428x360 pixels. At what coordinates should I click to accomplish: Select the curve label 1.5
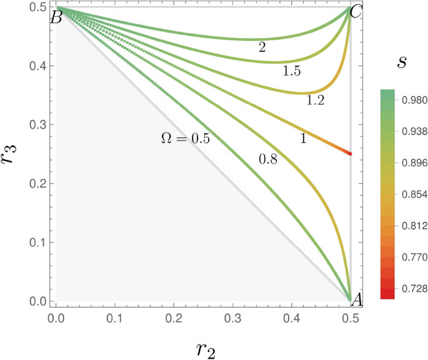pyautogui.click(x=292, y=71)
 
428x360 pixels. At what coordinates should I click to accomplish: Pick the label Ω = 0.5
pyautogui.click(x=183, y=139)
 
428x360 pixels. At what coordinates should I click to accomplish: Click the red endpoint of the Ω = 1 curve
pyautogui.click(x=350, y=153)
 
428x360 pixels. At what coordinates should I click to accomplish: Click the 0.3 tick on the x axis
pyautogui.click(x=232, y=318)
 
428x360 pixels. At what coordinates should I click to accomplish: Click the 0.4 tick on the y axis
pyautogui.click(x=39, y=66)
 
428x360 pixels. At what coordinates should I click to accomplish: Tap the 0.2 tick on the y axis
pyautogui.click(x=39, y=184)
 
